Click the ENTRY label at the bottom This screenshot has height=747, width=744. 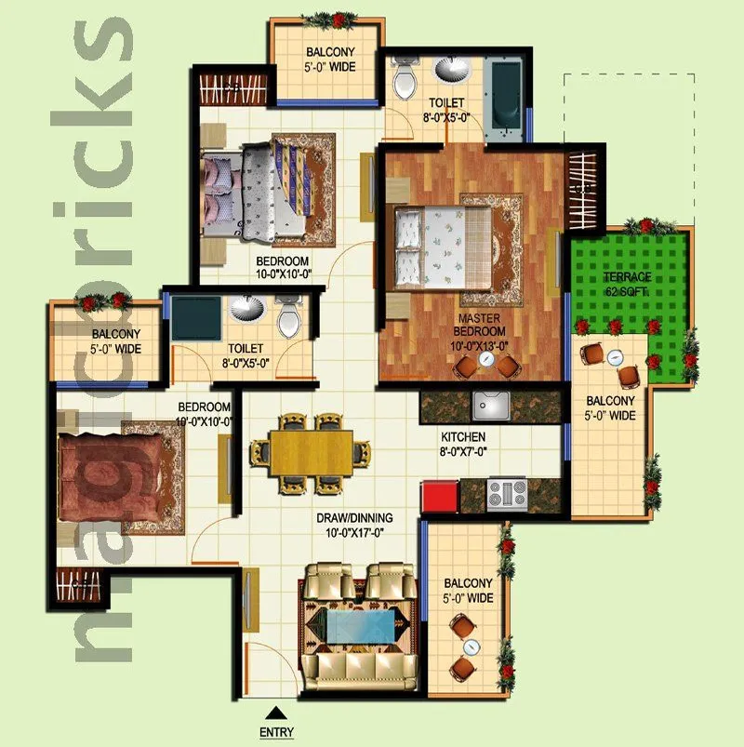point(277,733)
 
